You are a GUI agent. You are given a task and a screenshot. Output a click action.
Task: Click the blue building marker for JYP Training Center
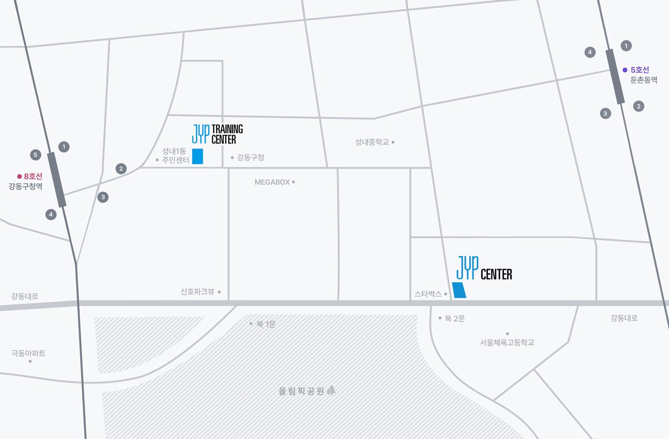pyautogui.click(x=198, y=156)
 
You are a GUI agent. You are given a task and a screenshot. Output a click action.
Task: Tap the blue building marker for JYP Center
pyautogui.click(x=459, y=290)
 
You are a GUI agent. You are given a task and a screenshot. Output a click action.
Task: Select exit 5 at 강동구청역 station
pyautogui.click(x=36, y=155)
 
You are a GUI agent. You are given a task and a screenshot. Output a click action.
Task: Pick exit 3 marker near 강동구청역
pyautogui.click(x=103, y=197)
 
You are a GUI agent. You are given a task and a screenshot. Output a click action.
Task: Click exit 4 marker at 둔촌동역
pyautogui.click(x=590, y=52)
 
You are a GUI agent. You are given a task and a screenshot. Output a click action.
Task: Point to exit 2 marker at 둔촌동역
pyautogui.click(x=639, y=106)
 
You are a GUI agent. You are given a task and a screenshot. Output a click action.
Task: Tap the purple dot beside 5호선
pyautogui.click(x=625, y=70)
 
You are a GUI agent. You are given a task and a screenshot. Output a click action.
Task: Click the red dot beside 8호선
pyautogui.click(x=20, y=176)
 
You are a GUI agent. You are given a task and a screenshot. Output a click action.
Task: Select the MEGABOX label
pyautogui.click(x=272, y=182)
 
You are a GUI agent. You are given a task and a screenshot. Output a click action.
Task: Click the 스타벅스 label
pyautogui.click(x=428, y=294)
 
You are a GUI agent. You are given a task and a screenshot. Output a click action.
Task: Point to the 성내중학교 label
pyautogui.click(x=372, y=142)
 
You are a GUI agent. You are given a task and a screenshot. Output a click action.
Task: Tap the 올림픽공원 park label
pyautogui.click(x=301, y=391)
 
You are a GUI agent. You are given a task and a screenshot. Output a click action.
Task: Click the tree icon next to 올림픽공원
pyautogui.click(x=331, y=390)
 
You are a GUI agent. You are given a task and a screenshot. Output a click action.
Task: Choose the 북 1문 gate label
pyautogui.click(x=266, y=324)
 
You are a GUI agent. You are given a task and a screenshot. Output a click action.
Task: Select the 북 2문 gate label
pyautogui.click(x=454, y=319)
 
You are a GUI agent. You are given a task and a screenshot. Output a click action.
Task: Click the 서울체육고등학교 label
pyautogui.click(x=507, y=343)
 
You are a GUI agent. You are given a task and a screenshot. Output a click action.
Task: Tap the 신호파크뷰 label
pyautogui.click(x=198, y=292)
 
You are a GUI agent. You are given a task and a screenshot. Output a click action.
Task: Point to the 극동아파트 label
pyautogui.click(x=29, y=353)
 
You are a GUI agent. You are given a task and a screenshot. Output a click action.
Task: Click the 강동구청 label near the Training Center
pyautogui.click(x=250, y=157)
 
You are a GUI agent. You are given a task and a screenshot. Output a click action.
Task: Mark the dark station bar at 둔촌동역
pyautogui.click(x=615, y=76)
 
